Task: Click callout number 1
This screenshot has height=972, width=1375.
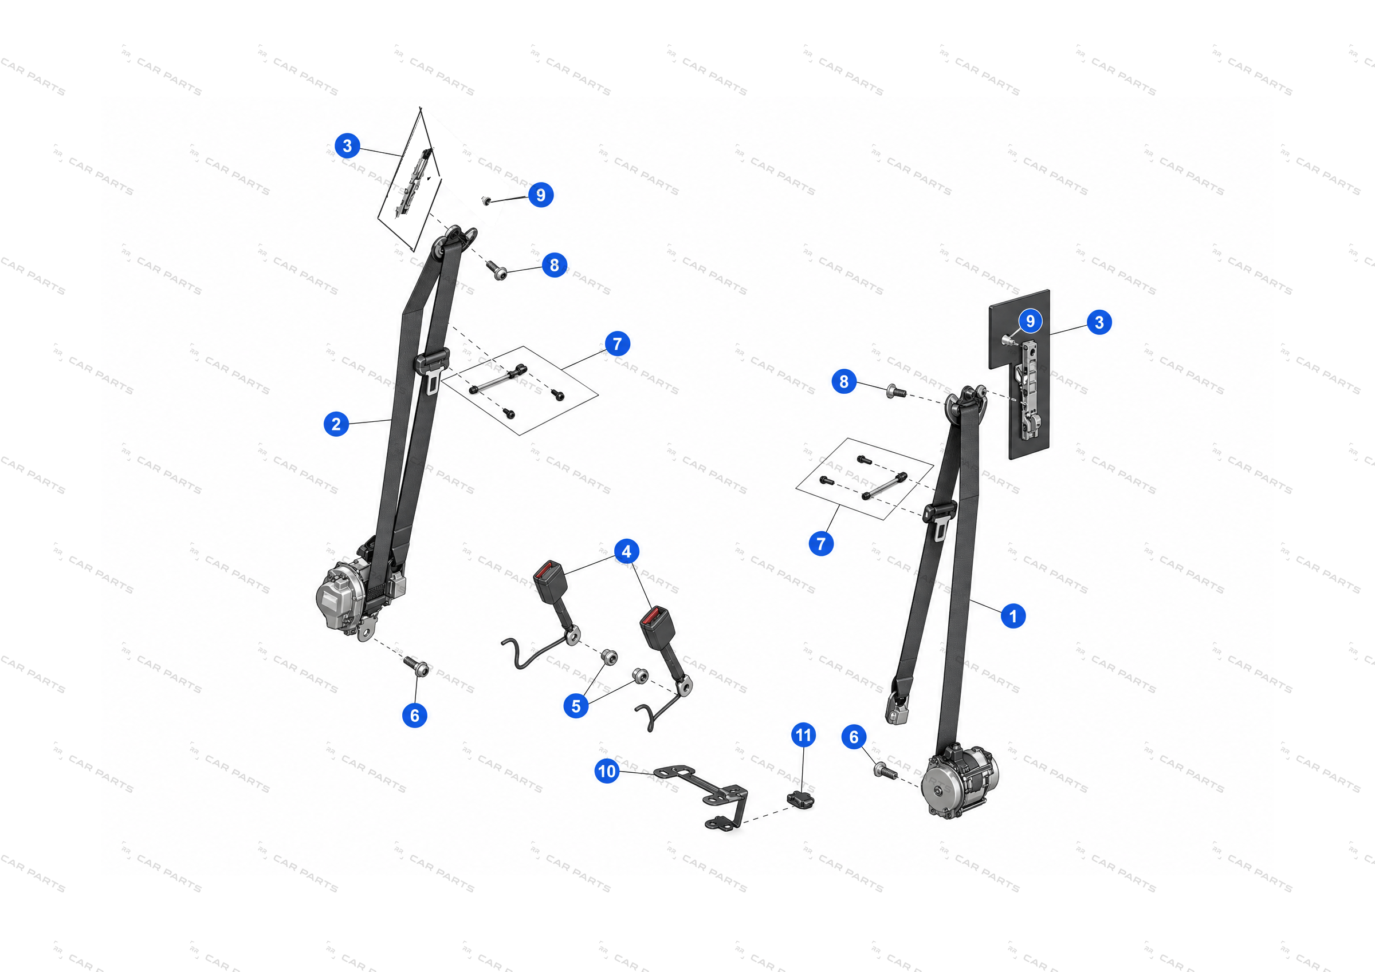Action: point(1013,616)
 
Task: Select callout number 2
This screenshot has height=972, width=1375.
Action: point(336,424)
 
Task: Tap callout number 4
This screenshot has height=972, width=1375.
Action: point(626,551)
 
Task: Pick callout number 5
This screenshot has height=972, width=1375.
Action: point(576,706)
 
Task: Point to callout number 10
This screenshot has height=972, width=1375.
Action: point(607,771)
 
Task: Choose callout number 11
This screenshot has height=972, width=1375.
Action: point(804,734)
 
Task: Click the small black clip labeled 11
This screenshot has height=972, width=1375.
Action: point(801,799)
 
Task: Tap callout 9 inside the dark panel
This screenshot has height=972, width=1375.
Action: point(1030,321)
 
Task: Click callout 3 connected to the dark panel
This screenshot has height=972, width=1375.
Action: point(1099,322)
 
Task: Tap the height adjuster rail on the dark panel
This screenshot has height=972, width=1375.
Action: point(1029,390)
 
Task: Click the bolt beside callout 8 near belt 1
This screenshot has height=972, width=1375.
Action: point(896,392)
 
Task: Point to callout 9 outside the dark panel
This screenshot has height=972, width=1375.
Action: point(541,195)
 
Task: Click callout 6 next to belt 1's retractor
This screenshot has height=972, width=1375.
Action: point(854,737)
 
